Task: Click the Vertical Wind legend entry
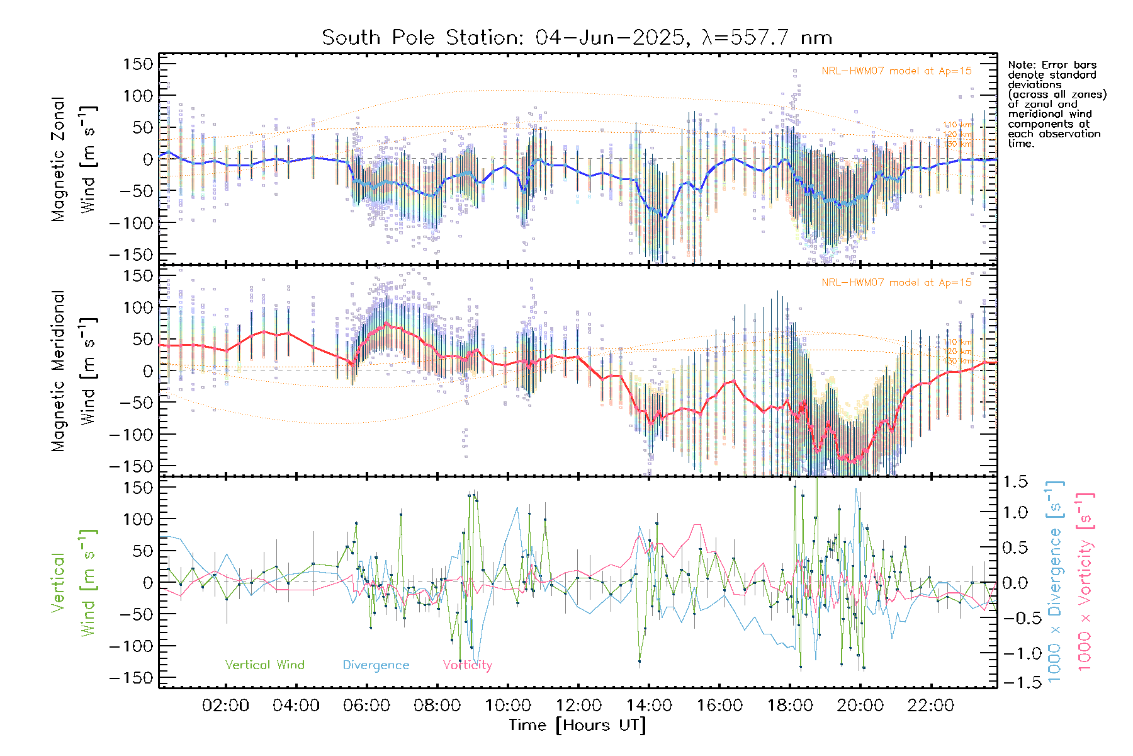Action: [x=264, y=665]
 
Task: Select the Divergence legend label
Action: [x=376, y=665]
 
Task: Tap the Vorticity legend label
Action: [x=467, y=665]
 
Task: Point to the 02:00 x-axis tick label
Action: [x=225, y=706]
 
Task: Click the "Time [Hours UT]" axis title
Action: [x=577, y=725]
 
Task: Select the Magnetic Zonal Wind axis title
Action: [x=74, y=159]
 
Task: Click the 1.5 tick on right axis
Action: [x=1015, y=482]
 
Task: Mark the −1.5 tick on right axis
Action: [x=1015, y=682]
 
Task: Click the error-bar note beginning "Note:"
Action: [x=1056, y=104]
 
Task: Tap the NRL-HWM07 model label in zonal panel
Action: [x=896, y=71]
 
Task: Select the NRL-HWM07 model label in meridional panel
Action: [x=896, y=283]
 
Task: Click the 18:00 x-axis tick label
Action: [x=789, y=706]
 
